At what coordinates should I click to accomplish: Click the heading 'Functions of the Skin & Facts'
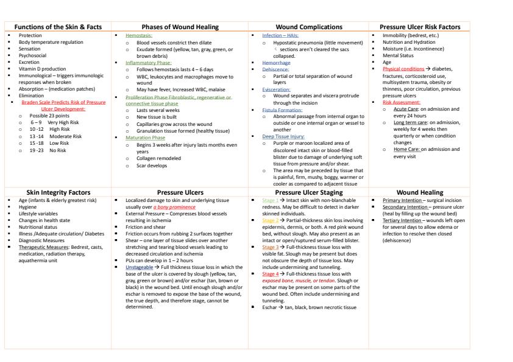[58, 27]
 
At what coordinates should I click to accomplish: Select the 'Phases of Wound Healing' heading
[180, 27]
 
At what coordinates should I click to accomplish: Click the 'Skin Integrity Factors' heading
[58, 192]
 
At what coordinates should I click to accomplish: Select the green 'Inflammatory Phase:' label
[144, 62]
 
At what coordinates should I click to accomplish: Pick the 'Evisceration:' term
[266, 87]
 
